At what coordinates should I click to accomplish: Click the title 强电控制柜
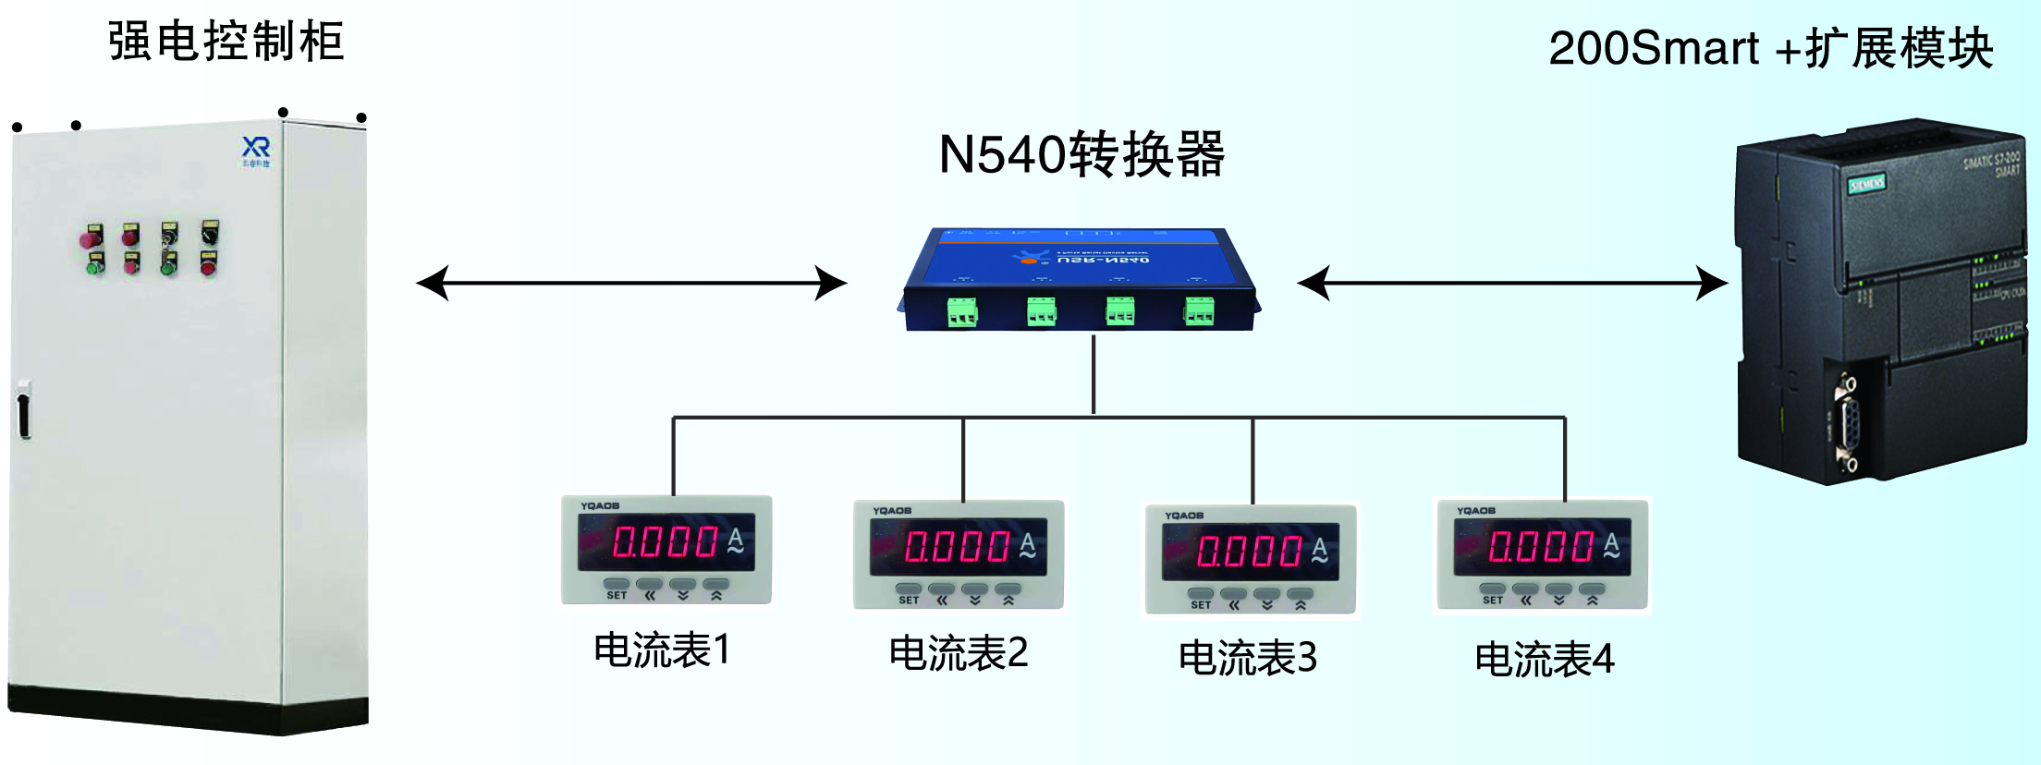tap(226, 42)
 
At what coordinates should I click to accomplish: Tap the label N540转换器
tap(1081, 154)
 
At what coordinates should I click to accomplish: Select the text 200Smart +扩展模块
tap(1769, 48)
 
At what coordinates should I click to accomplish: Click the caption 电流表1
tap(662, 650)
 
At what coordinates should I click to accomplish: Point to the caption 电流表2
tap(958, 653)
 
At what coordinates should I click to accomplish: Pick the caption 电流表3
tap(1247, 658)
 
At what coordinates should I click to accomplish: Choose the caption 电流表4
tap(1544, 660)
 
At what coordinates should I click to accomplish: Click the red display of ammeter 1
tap(666, 541)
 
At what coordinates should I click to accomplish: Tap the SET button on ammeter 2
tap(909, 591)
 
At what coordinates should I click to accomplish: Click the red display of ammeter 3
tap(1250, 552)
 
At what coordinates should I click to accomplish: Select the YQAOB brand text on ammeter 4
tap(1475, 511)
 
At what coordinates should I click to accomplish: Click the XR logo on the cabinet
tap(256, 149)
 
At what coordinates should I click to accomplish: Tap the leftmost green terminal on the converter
tap(962, 312)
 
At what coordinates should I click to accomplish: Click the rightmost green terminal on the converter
tap(1199, 311)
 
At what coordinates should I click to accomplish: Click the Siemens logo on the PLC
tap(1866, 184)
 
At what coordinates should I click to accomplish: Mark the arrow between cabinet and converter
tap(631, 283)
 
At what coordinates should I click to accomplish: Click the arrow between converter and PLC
tap(1512, 283)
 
